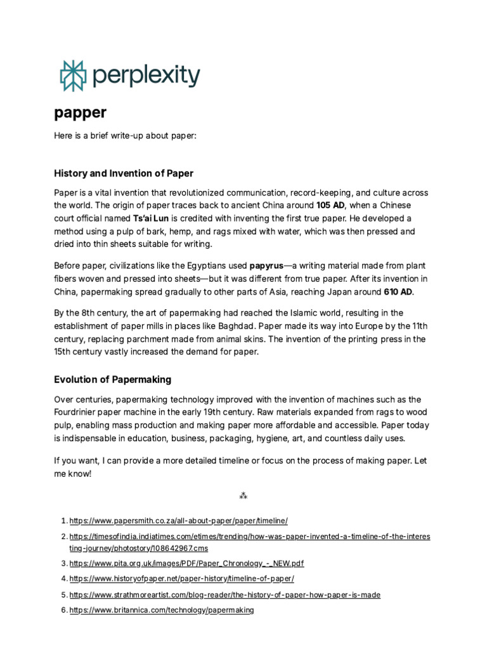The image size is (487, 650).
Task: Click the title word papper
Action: coord(80,113)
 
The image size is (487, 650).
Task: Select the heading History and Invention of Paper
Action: coord(124,173)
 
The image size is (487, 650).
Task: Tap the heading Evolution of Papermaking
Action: coord(112,380)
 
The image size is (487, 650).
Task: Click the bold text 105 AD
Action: coord(330,205)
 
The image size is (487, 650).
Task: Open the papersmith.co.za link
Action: coord(178,521)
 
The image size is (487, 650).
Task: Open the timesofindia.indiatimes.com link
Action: coord(249,536)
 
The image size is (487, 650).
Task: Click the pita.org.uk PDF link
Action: coord(186,563)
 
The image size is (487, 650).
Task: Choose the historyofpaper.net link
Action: coord(181,579)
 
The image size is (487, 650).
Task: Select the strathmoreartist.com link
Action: coord(224,595)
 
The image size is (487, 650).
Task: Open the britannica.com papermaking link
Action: coord(161,610)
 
